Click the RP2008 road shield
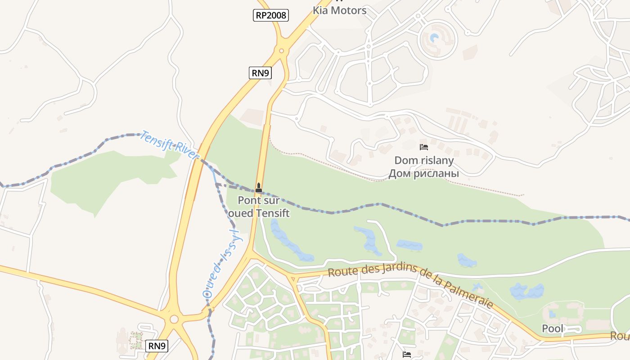pyautogui.click(x=270, y=15)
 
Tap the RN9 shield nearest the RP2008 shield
pyautogui.click(x=260, y=72)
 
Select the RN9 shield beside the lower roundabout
pyautogui.click(x=157, y=346)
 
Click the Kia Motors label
pyautogui.click(x=339, y=10)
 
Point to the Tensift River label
pyautogui.click(x=170, y=145)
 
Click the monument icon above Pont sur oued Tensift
pyautogui.click(x=259, y=187)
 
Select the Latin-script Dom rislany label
pyautogui.click(x=424, y=160)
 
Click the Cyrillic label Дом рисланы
pyautogui.click(x=424, y=173)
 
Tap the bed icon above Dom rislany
pyautogui.click(x=423, y=147)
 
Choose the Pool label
pyautogui.click(x=553, y=328)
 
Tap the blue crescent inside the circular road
pyautogui.click(x=434, y=38)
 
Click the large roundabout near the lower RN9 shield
pyautogui.click(x=174, y=319)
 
